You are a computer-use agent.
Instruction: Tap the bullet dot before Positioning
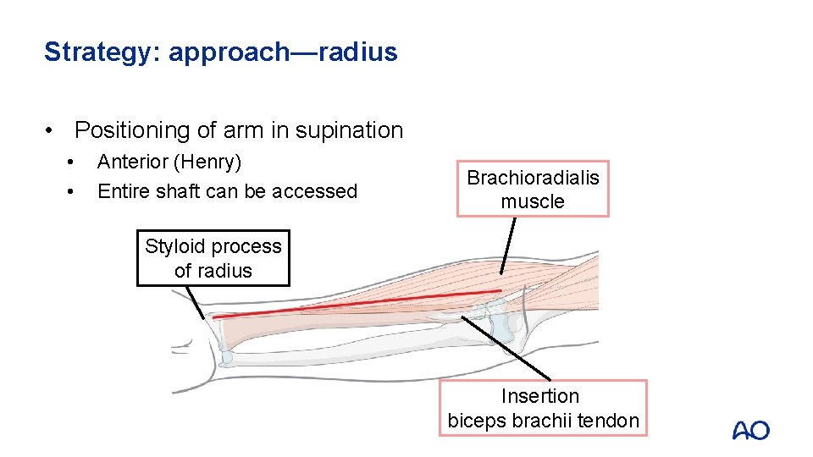(53, 131)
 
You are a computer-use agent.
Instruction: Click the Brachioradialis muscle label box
(533, 189)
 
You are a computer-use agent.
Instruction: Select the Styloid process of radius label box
(213, 258)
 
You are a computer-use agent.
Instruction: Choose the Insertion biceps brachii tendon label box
(542, 408)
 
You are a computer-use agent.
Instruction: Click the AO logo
(750, 430)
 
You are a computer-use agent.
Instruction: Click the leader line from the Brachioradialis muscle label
(507, 245)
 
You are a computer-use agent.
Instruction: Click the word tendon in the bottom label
(611, 421)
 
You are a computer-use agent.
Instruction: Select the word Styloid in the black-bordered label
(174, 246)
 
